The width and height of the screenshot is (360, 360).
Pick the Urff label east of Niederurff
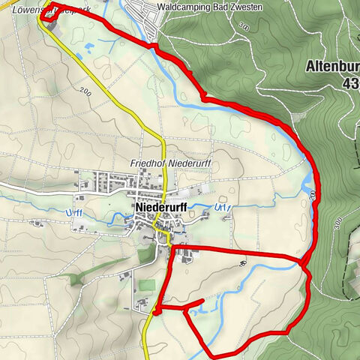point(219,207)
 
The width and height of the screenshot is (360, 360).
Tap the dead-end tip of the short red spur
point(202,301)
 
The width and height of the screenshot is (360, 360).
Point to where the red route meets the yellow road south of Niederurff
point(157,308)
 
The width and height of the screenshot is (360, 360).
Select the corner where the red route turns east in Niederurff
point(174,247)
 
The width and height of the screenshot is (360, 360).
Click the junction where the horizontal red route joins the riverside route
point(304,262)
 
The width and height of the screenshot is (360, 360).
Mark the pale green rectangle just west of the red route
point(146,286)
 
